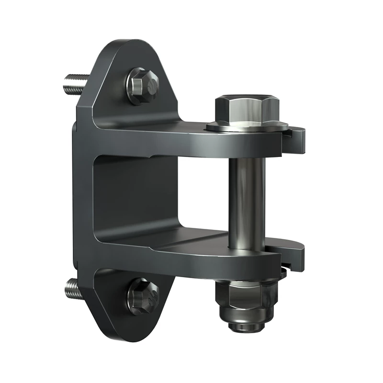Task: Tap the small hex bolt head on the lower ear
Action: click(142, 293)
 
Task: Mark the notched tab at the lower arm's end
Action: click(297, 254)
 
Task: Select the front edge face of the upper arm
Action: click(191, 148)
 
